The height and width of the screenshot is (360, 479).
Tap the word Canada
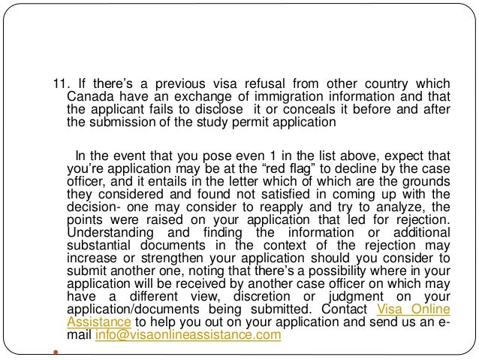click(87, 96)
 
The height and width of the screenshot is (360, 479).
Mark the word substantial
click(99, 245)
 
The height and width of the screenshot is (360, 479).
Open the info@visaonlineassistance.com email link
click(188, 336)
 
